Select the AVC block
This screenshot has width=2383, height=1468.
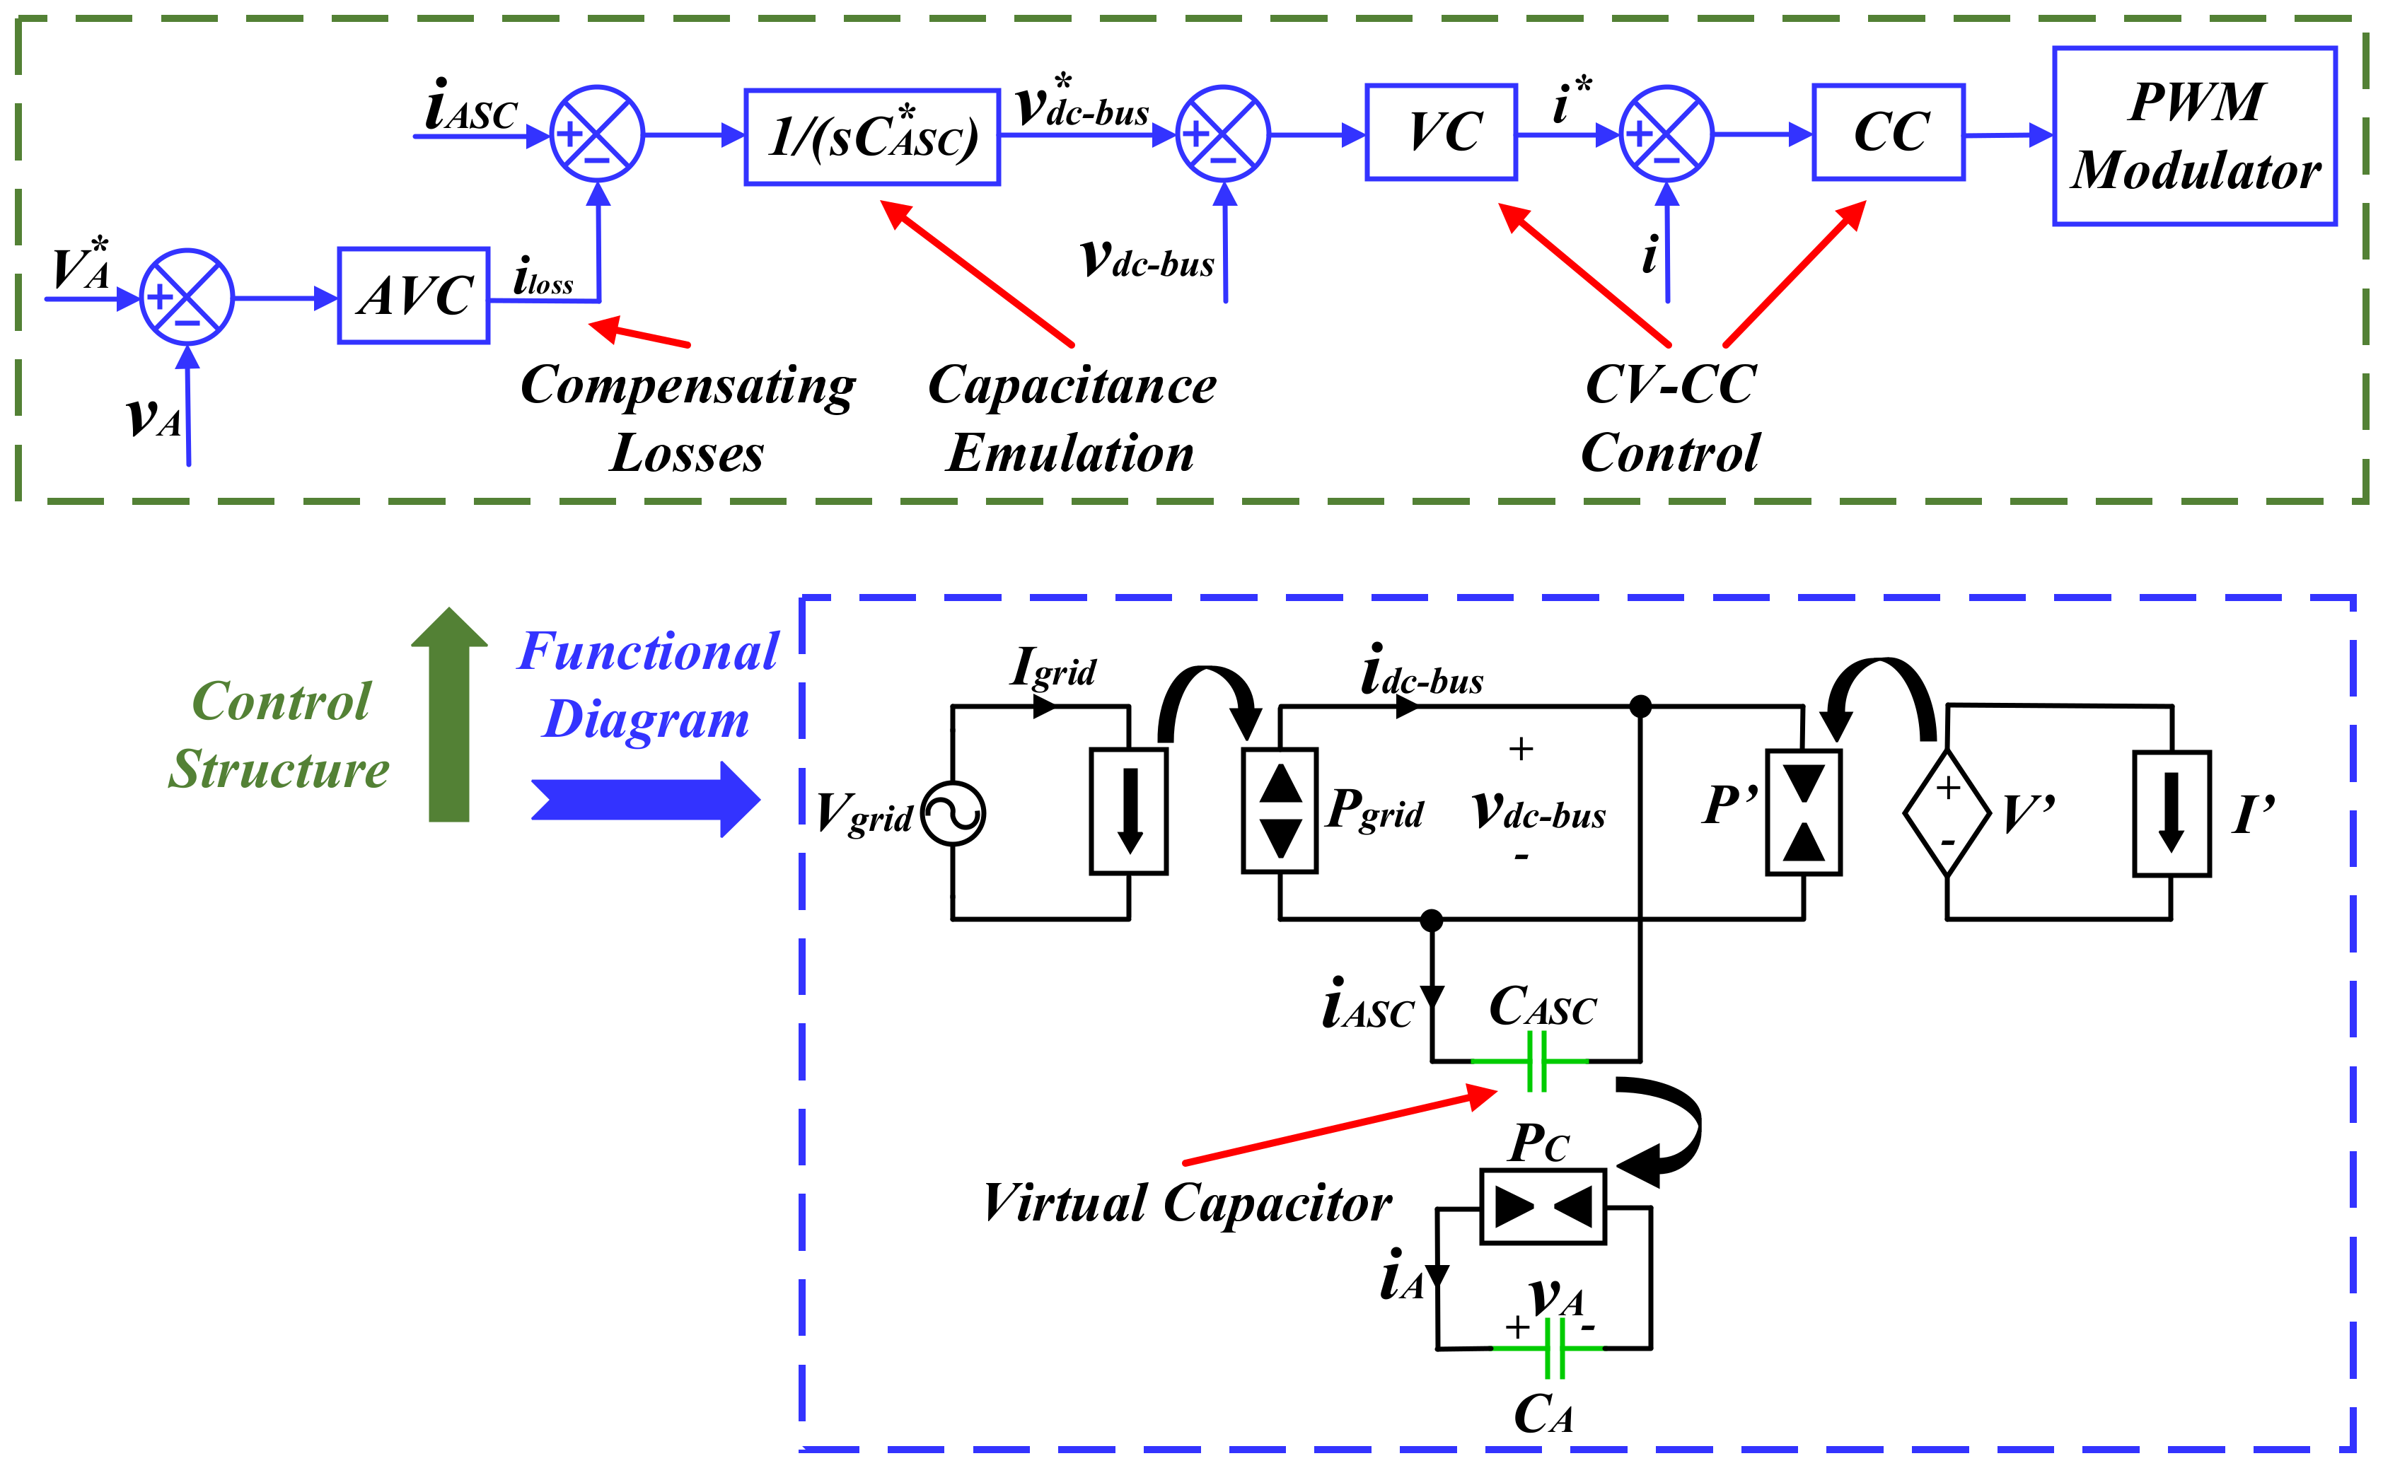coord(414,295)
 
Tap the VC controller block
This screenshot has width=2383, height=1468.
coord(1441,132)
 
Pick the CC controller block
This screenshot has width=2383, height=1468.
coord(1889,132)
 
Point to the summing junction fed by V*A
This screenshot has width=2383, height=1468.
coord(187,297)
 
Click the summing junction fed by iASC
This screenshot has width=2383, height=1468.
coord(597,134)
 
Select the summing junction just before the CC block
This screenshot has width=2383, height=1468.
coord(1666,134)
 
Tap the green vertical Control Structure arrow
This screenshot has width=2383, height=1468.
coord(448,715)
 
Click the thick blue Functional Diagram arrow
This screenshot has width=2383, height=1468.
coord(646,799)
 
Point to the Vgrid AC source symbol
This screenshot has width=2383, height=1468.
coord(953,814)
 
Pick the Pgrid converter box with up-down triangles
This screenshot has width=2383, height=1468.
coord(1280,810)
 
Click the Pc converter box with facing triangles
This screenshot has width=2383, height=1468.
coord(1543,1207)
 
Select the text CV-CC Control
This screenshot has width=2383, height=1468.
coord(1670,419)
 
